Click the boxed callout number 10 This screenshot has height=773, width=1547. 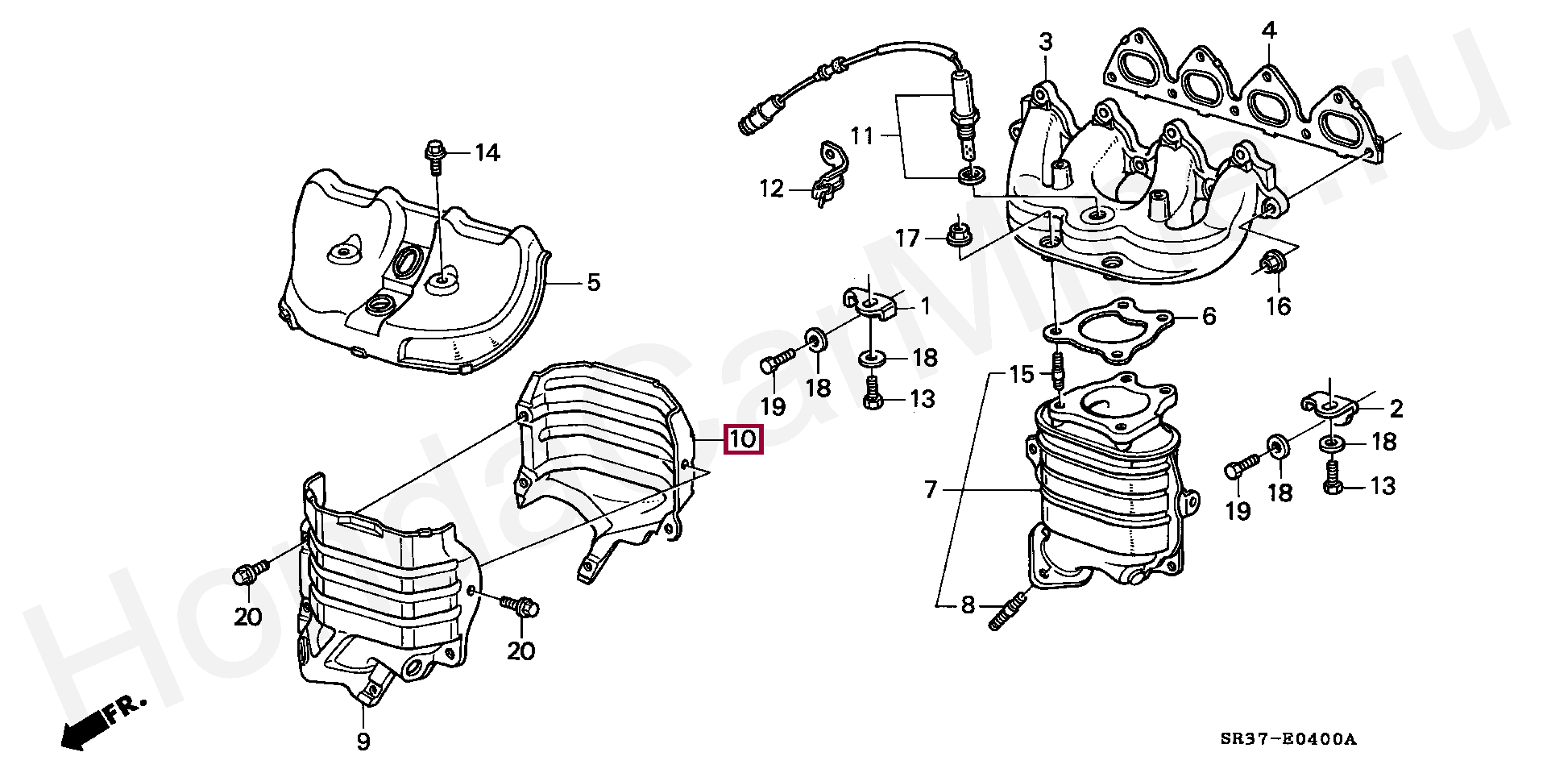click(743, 440)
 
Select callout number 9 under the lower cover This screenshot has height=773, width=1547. click(363, 741)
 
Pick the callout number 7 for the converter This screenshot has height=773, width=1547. click(931, 488)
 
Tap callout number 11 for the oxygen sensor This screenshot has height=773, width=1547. click(862, 135)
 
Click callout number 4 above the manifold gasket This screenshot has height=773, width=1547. click(1269, 31)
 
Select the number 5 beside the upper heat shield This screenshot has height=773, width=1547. click(593, 282)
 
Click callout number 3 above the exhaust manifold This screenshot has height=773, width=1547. click(1045, 41)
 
